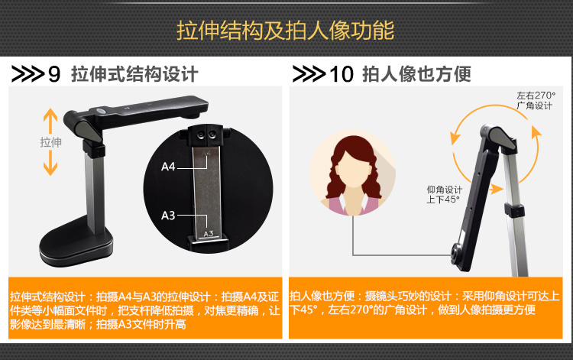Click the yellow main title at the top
(x=286, y=30)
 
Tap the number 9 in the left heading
(x=54, y=74)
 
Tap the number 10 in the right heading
(x=342, y=74)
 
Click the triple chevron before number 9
(x=28, y=74)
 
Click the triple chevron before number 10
(x=309, y=74)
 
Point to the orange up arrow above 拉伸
(x=50, y=121)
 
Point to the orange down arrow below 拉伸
(x=50, y=163)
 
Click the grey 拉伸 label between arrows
(x=50, y=142)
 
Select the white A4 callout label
(x=168, y=167)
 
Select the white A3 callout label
(x=168, y=216)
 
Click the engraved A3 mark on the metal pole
(x=209, y=234)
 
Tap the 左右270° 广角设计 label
(x=536, y=100)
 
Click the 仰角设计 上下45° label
(x=444, y=194)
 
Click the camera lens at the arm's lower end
(x=455, y=252)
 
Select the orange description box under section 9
(x=145, y=308)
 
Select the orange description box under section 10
(x=426, y=308)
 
